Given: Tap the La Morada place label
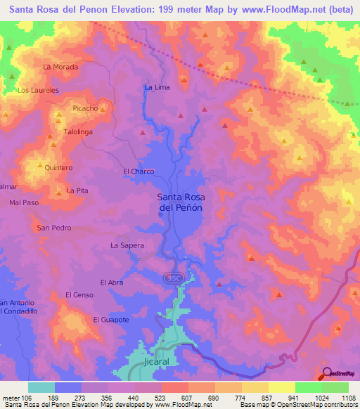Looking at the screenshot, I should click(x=60, y=67).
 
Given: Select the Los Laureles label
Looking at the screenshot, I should click(x=38, y=91).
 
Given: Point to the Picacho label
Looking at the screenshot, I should click(x=85, y=109).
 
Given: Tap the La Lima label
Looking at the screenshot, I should click(x=157, y=87).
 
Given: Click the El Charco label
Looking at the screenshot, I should click(x=139, y=171).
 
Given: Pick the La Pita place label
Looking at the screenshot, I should click(x=77, y=191).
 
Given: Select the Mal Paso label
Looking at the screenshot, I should click(x=24, y=202).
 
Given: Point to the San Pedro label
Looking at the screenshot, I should click(x=54, y=228).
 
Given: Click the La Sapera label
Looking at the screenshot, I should click(x=127, y=245).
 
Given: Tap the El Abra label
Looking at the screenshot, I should click(x=112, y=283).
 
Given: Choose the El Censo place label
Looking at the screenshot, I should click(x=79, y=295).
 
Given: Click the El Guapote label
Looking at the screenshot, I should click(x=111, y=320).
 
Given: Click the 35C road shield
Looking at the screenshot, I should click(x=174, y=278).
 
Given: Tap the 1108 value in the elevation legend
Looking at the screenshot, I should click(x=348, y=398).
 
